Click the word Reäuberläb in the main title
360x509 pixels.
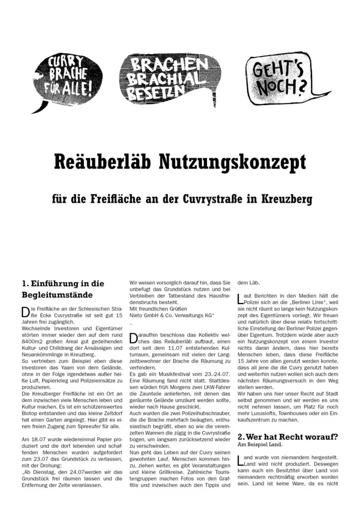coord(101,162)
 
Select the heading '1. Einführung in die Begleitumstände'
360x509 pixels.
coord(63,289)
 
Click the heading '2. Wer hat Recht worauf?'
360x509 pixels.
coord(288,437)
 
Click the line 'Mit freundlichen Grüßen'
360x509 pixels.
coord(159,309)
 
